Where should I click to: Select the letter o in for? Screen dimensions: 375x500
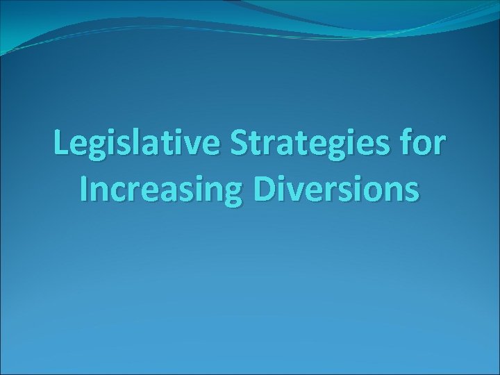pos(424,146)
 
